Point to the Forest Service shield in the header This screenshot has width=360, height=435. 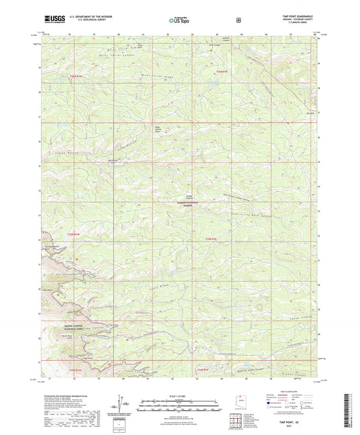click(238, 20)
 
